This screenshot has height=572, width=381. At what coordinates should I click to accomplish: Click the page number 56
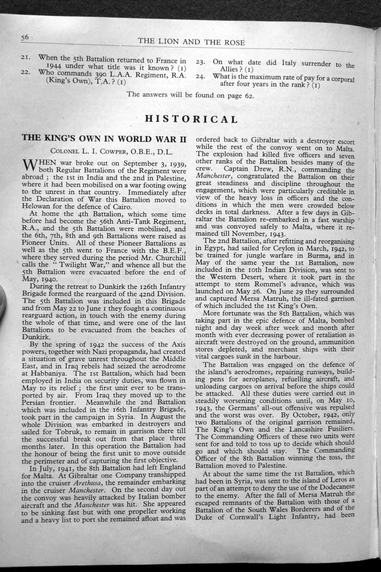coord(24,38)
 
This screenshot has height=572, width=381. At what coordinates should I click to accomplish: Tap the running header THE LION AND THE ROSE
coord(191,42)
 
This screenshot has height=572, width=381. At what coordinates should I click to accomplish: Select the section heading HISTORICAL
coord(191,119)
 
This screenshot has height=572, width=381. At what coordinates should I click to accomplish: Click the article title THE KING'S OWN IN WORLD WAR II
coord(104,138)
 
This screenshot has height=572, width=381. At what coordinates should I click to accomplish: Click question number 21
coord(26,58)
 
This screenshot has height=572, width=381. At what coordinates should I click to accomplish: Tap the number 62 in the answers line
coord(249,94)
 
